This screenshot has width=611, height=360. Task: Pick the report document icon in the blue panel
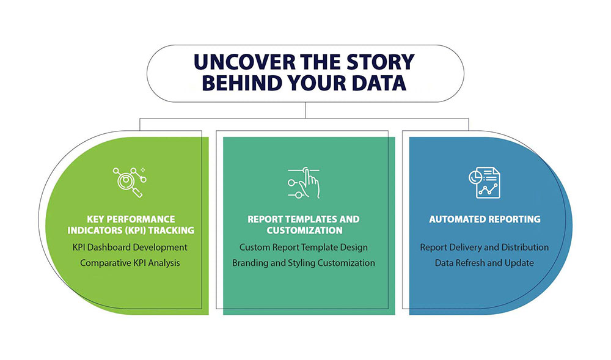tap(485, 183)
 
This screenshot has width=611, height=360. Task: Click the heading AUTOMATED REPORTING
tap(485, 219)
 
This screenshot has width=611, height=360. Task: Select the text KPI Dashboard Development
tap(130, 248)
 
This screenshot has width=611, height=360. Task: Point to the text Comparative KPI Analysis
tap(130, 263)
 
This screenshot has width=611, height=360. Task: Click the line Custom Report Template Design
tap(304, 248)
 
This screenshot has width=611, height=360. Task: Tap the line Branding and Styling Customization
tap(304, 263)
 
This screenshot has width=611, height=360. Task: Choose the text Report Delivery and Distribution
tap(485, 248)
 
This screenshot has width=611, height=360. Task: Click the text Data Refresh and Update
tap(485, 263)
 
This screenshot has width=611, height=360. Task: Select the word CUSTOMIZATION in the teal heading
tap(304, 230)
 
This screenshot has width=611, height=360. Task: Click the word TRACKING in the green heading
tap(171, 230)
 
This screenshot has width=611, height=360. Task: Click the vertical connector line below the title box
tap(305, 110)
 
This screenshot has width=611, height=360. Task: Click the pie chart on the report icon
tap(475, 177)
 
